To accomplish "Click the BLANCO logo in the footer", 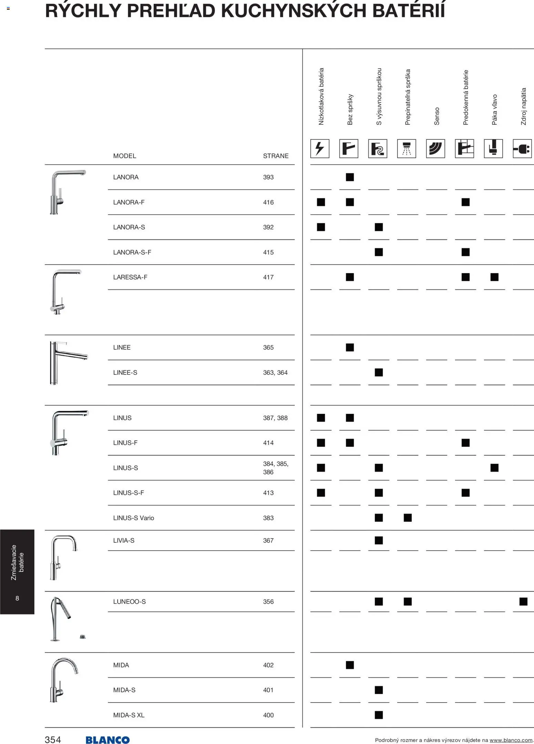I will coord(107,740).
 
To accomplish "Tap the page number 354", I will coord(53,740).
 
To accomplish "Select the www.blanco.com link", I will coord(511,740).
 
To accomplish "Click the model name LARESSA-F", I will coord(130,277).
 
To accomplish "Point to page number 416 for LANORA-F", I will coord(268,202).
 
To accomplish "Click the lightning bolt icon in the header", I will coord(320,149).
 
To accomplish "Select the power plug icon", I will coord(522,149).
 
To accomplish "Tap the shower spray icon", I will coord(407,149).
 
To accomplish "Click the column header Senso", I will coord(437,116).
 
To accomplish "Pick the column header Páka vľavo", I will coord(494,110).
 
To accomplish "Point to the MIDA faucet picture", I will coord(64,680).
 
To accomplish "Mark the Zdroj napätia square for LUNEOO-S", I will coord(523,601).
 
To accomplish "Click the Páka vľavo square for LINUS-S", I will coord(494,468).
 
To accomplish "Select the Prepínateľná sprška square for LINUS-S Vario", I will coord(408,518).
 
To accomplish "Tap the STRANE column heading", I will coord(276,156).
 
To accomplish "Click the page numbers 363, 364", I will coord(275,373).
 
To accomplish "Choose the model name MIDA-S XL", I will coord(129,715).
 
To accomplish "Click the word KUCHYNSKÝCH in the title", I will coord(294,11).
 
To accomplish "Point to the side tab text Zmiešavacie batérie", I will coord(17,562).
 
